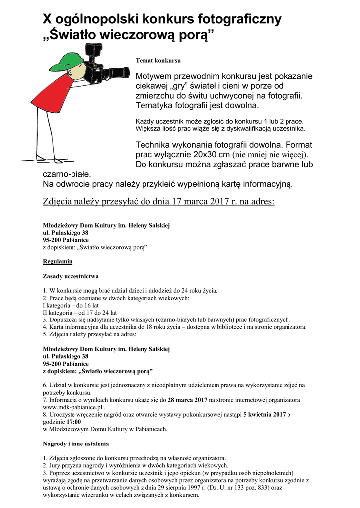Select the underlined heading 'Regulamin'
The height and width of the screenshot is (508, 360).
pyautogui.click(x=58, y=261)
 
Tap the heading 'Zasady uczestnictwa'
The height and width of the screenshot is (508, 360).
pyautogui.click(x=71, y=276)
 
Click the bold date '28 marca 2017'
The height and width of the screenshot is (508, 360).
pyautogui.click(x=187, y=400)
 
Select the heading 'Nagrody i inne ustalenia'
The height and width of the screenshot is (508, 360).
pyautogui.click(x=76, y=444)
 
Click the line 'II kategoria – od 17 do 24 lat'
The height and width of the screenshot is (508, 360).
pyautogui.click(x=80, y=313)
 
